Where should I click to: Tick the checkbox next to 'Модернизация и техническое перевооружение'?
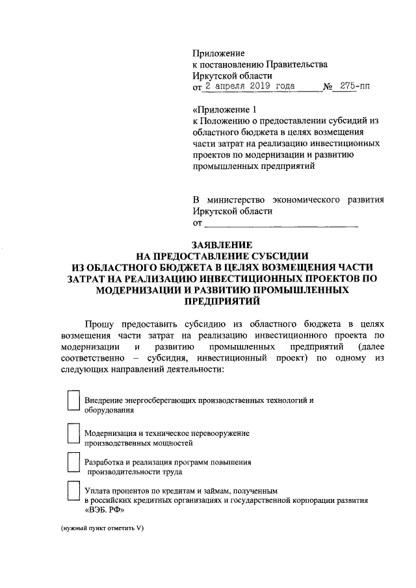(75, 433)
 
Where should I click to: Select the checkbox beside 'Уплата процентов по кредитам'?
(75, 492)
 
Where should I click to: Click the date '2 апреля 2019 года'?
(250, 86)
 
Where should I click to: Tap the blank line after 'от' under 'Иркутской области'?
(281, 224)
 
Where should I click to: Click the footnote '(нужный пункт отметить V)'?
(102, 528)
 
